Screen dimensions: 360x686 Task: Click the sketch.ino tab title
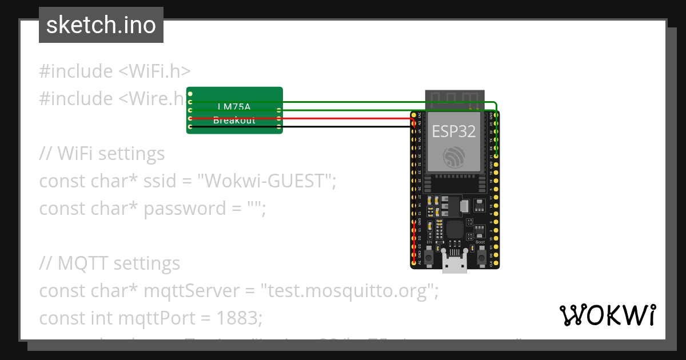point(101,25)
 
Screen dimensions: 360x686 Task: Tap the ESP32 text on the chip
point(453,131)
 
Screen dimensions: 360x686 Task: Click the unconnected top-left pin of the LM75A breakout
point(190,94)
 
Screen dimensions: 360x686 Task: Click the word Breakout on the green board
point(234,121)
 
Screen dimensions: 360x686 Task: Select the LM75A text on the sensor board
point(234,106)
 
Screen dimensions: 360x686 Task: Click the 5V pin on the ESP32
point(414,262)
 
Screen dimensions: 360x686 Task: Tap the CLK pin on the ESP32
point(496,262)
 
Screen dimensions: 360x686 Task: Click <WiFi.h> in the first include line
point(154,71)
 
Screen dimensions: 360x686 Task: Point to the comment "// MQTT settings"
point(109,263)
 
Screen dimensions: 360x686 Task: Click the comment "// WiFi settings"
point(102,154)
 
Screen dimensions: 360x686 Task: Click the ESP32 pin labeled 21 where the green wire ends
point(496,155)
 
